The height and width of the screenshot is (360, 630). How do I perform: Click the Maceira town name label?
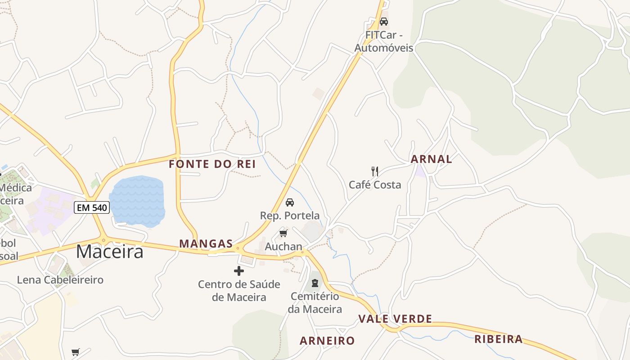point(109,251)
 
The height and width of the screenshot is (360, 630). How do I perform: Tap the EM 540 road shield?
point(92,207)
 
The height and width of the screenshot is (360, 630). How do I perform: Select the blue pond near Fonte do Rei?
point(137,200)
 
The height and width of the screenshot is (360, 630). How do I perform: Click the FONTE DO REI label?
point(212,164)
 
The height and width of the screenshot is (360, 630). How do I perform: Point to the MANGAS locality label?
point(206,244)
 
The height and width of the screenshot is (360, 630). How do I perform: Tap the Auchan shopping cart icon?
point(283,233)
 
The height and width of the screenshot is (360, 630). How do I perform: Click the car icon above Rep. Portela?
point(290,202)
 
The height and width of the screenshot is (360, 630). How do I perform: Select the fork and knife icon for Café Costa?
point(374,171)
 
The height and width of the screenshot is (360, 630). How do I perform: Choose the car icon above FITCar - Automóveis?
point(384,21)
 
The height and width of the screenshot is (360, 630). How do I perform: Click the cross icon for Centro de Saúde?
point(239,271)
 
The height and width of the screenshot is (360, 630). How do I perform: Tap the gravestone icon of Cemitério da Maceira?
point(315,283)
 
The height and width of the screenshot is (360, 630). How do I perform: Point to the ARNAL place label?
point(431,159)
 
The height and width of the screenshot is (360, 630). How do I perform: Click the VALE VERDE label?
point(395,319)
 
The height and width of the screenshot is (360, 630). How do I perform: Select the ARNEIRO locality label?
point(327,341)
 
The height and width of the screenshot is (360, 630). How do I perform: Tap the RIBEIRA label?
point(499,339)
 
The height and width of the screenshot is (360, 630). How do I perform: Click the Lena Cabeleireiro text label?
point(60,280)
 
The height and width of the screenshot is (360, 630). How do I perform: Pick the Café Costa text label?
point(375,184)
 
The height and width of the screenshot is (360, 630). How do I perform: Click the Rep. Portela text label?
point(290,216)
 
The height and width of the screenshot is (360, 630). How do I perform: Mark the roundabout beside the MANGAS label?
point(238,247)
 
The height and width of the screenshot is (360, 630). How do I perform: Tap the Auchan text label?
point(283,247)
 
